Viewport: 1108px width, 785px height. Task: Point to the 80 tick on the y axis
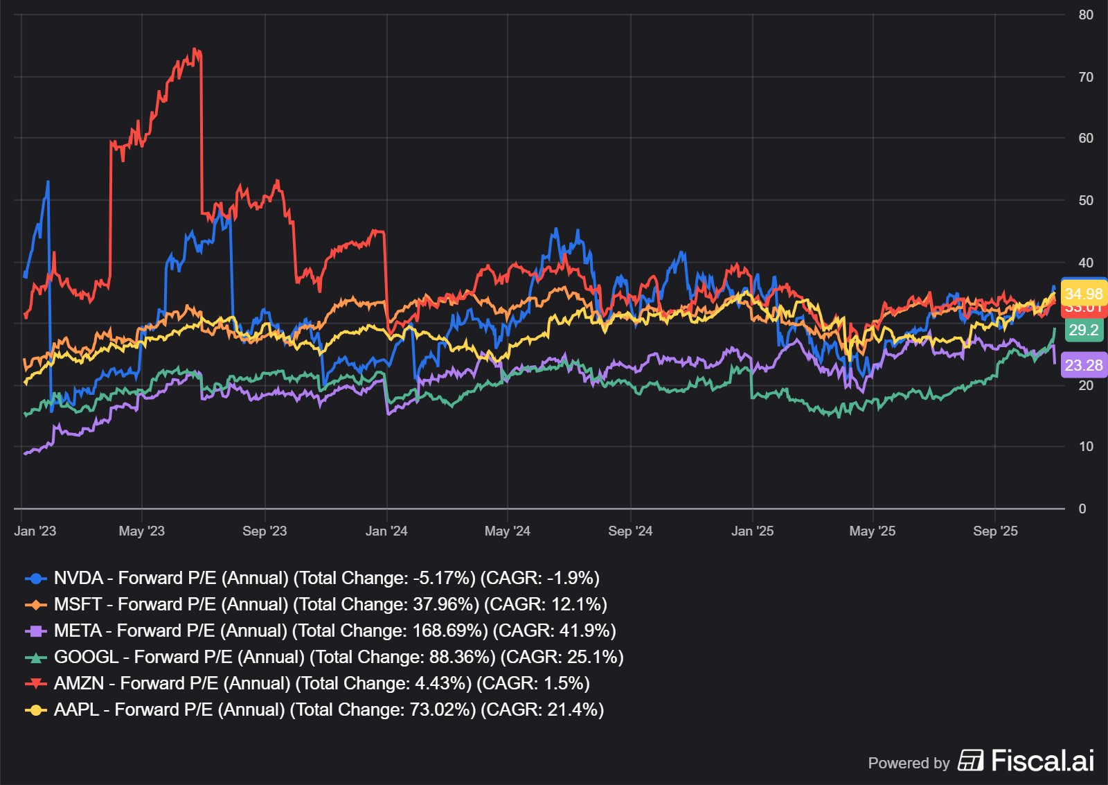[x=1085, y=15]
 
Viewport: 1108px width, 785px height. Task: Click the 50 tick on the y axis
[x=1085, y=200]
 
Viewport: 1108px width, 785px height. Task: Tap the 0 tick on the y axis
[x=1082, y=509]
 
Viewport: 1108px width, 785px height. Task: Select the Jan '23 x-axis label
[x=35, y=531]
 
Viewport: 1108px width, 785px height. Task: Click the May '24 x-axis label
[x=507, y=531]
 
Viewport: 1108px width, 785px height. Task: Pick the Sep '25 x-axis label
[x=995, y=531]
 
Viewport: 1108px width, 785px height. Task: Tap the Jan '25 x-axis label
[x=752, y=531]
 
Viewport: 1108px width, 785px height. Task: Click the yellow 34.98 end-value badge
[x=1083, y=294]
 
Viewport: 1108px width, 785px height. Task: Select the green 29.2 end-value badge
[x=1083, y=330]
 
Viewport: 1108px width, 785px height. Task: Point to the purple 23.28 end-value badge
[x=1083, y=365]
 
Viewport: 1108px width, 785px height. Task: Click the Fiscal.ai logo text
[x=1042, y=761]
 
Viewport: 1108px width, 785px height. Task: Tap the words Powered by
[x=909, y=763]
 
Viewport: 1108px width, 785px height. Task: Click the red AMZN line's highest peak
[x=195, y=49]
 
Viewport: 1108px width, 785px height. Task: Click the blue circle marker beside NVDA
[x=35, y=578]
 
